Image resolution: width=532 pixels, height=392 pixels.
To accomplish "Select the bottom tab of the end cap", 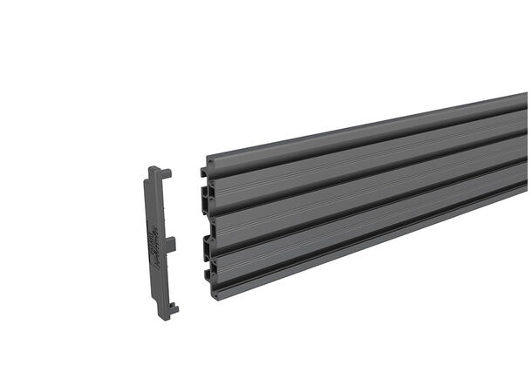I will pyautogui.click(x=173, y=306).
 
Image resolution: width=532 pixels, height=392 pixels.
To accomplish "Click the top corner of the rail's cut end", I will pyautogui.click(x=208, y=160).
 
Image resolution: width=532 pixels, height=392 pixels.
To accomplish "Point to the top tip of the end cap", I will pyautogui.click(x=152, y=168).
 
